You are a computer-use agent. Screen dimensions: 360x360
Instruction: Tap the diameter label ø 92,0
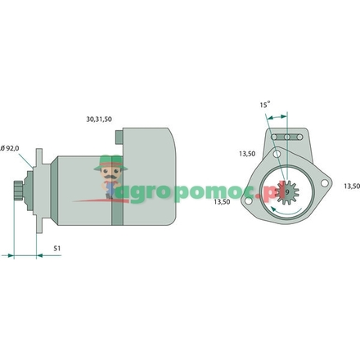tap(11, 147)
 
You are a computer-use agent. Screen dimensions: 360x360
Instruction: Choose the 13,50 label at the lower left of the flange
tap(223, 200)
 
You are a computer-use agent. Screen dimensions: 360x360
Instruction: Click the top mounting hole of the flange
tap(277, 155)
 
